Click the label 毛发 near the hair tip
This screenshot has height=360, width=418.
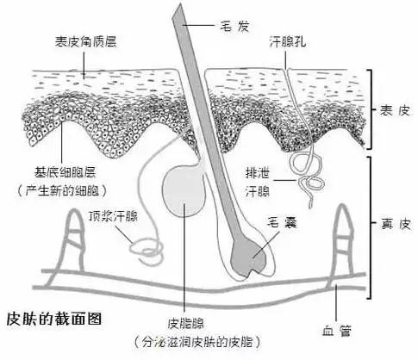point(234,26)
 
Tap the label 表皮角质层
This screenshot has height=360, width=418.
point(85,41)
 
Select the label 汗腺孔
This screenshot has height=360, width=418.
point(288,42)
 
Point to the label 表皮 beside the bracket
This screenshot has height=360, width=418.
point(396,110)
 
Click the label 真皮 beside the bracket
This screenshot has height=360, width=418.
point(396,224)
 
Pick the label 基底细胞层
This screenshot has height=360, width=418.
point(65,172)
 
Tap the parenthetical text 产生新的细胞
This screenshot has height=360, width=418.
point(62,190)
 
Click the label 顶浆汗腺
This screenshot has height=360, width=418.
point(113,216)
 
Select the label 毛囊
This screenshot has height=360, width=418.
point(282,222)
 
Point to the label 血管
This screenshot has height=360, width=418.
point(336,331)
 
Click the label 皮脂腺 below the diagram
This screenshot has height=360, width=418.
point(185,324)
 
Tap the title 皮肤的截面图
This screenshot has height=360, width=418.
point(54,319)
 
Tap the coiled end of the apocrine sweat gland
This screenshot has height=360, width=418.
point(147,249)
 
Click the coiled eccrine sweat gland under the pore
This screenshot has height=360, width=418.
point(309,175)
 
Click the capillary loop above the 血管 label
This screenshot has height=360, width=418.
point(342,244)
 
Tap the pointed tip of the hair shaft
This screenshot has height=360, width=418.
point(180,3)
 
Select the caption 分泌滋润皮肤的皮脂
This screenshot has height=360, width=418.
point(197,342)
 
